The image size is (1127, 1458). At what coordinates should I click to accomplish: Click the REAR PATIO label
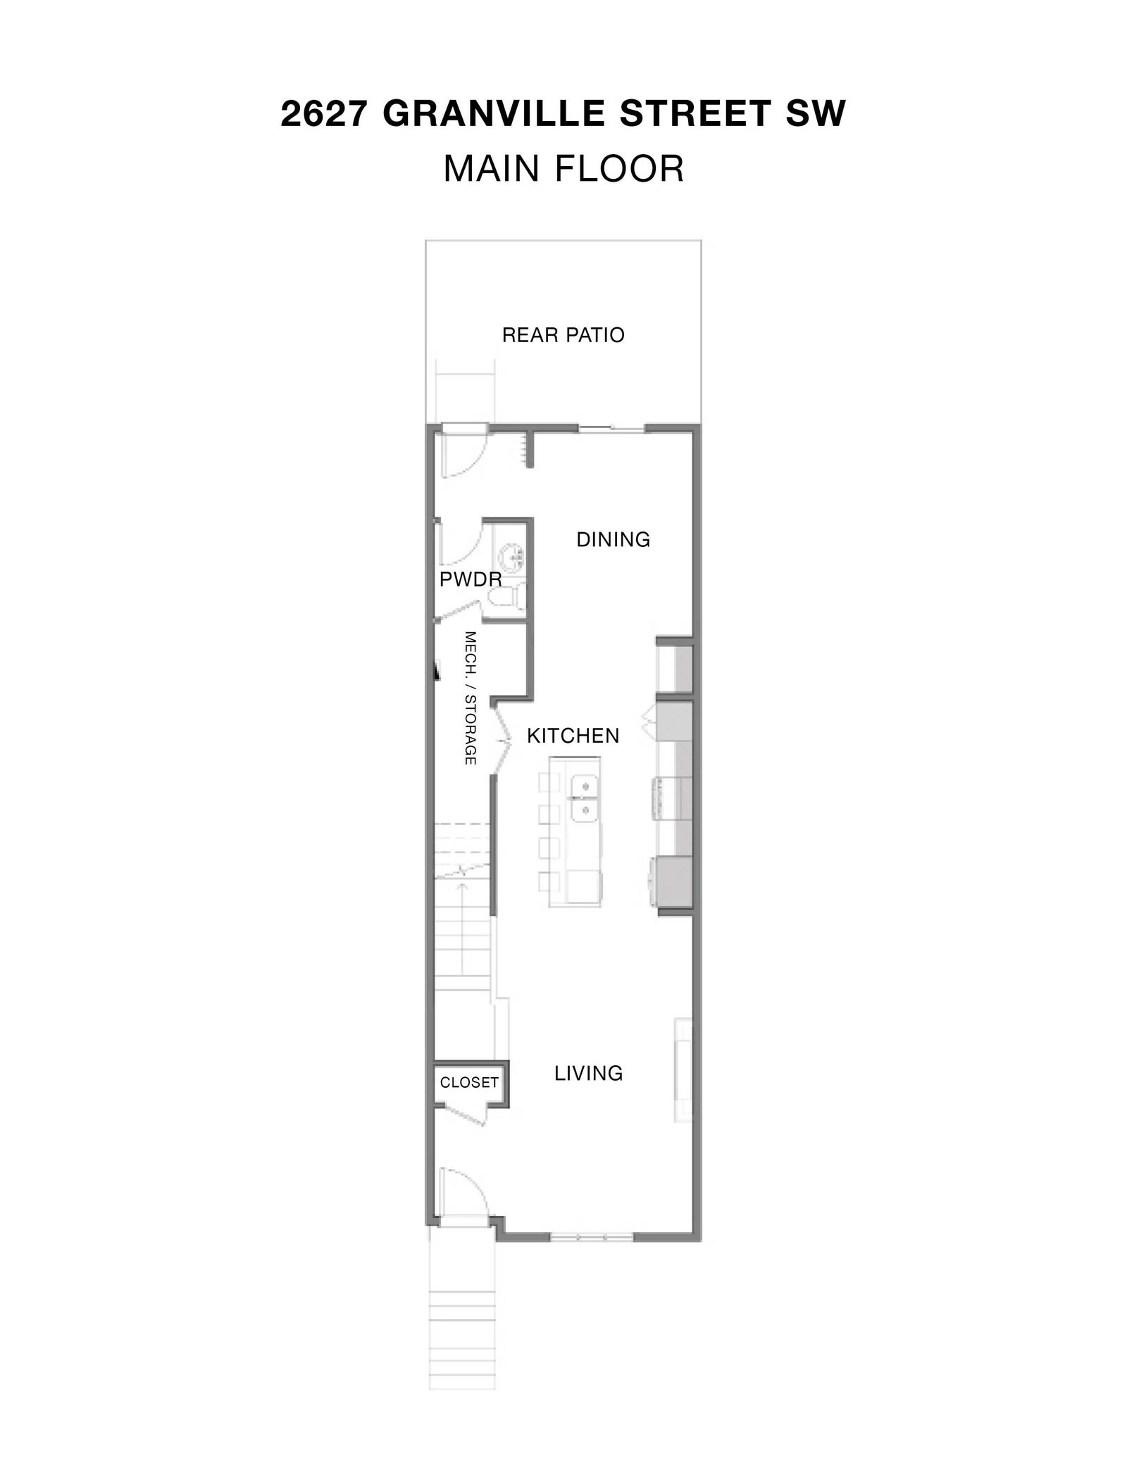coord(563,335)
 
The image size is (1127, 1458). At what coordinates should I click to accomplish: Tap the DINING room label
coord(613,539)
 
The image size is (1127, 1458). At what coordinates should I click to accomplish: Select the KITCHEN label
coord(573,736)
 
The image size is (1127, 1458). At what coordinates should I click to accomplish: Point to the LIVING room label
coord(588,1073)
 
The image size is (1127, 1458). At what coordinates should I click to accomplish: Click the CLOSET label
coord(469,1082)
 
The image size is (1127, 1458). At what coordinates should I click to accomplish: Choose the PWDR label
coord(471,579)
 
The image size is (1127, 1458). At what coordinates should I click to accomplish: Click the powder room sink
coord(513,558)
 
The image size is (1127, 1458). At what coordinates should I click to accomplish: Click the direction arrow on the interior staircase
coord(462,926)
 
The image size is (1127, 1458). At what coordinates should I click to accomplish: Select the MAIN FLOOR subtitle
coord(563,169)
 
